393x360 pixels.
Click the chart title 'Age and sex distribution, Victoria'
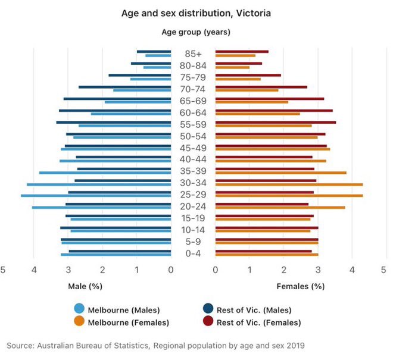coord(196,12)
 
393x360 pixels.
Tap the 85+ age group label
coord(193,54)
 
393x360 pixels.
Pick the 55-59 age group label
coord(193,124)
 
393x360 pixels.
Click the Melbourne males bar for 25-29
coord(95,196)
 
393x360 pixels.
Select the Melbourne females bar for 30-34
coord(289,184)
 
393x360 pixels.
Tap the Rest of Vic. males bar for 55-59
coord(113,122)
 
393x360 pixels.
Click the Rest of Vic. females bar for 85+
coord(242,52)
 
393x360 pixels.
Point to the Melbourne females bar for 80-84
coord(232,67)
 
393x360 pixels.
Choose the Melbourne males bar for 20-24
coord(101,207)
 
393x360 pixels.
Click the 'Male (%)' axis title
coord(85,286)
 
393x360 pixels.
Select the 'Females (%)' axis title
coord(300,286)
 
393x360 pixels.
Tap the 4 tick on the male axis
coord(35,270)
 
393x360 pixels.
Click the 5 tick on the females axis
coord(384,270)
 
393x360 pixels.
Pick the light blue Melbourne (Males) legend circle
coord(79,309)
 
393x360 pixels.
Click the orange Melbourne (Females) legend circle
coord(79,322)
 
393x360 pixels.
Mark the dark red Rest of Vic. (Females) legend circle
coord(208,322)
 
